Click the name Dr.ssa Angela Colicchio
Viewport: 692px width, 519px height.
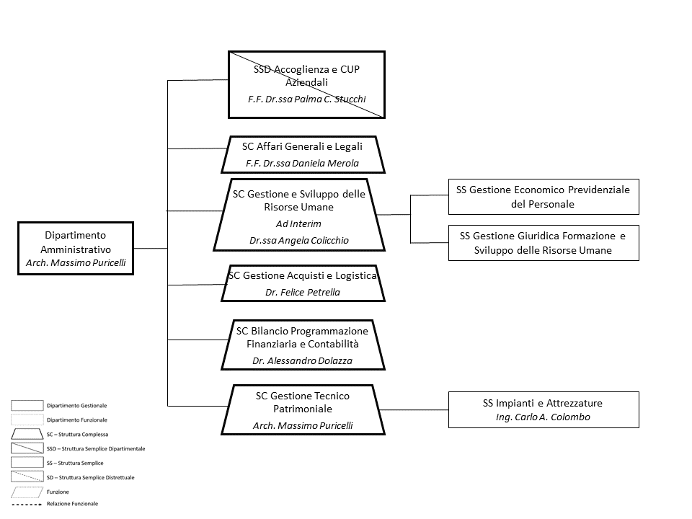298,241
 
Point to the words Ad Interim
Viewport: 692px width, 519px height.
298,223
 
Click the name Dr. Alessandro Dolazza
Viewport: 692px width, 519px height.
302,360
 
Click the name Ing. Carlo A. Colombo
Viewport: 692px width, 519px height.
543,417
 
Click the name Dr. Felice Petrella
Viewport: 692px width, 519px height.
303,292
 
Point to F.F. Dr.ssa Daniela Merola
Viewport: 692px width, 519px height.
302,164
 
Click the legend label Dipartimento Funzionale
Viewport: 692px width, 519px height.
77,420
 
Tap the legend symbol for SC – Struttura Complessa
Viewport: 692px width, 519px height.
27,434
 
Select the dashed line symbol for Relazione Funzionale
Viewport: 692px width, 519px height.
27,504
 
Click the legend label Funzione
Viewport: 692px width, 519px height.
58,492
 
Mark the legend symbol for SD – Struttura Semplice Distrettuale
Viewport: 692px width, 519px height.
27,477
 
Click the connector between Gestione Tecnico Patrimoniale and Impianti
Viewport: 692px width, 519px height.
414,410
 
